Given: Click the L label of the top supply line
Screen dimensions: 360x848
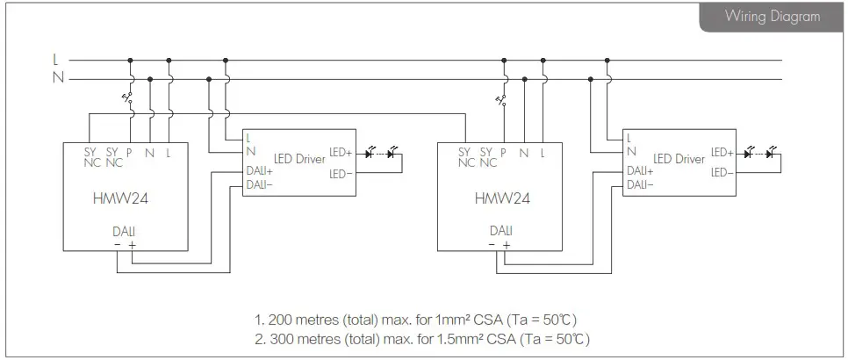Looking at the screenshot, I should click(x=55, y=61).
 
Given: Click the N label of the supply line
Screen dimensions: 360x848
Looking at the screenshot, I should click(x=58, y=78).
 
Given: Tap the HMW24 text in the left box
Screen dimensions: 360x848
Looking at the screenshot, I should click(x=120, y=198).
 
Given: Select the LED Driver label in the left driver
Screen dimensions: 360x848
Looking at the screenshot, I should click(x=299, y=159).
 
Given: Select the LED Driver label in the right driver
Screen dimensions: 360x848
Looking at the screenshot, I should click(x=679, y=159).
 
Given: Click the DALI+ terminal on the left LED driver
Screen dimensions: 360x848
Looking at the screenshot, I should click(x=259, y=170).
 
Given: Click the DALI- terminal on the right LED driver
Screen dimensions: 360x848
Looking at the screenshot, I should click(x=638, y=184).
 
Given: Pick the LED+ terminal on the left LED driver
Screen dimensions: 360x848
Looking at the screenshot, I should click(x=340, y=153).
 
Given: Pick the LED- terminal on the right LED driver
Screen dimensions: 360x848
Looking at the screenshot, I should click(x=722, y=172).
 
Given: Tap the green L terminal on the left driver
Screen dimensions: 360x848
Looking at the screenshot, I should click(x=248, y=138).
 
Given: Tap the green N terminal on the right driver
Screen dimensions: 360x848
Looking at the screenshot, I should click(x=630, y=152).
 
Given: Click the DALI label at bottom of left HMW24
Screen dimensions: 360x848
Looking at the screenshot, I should click(x=124, y=231).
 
